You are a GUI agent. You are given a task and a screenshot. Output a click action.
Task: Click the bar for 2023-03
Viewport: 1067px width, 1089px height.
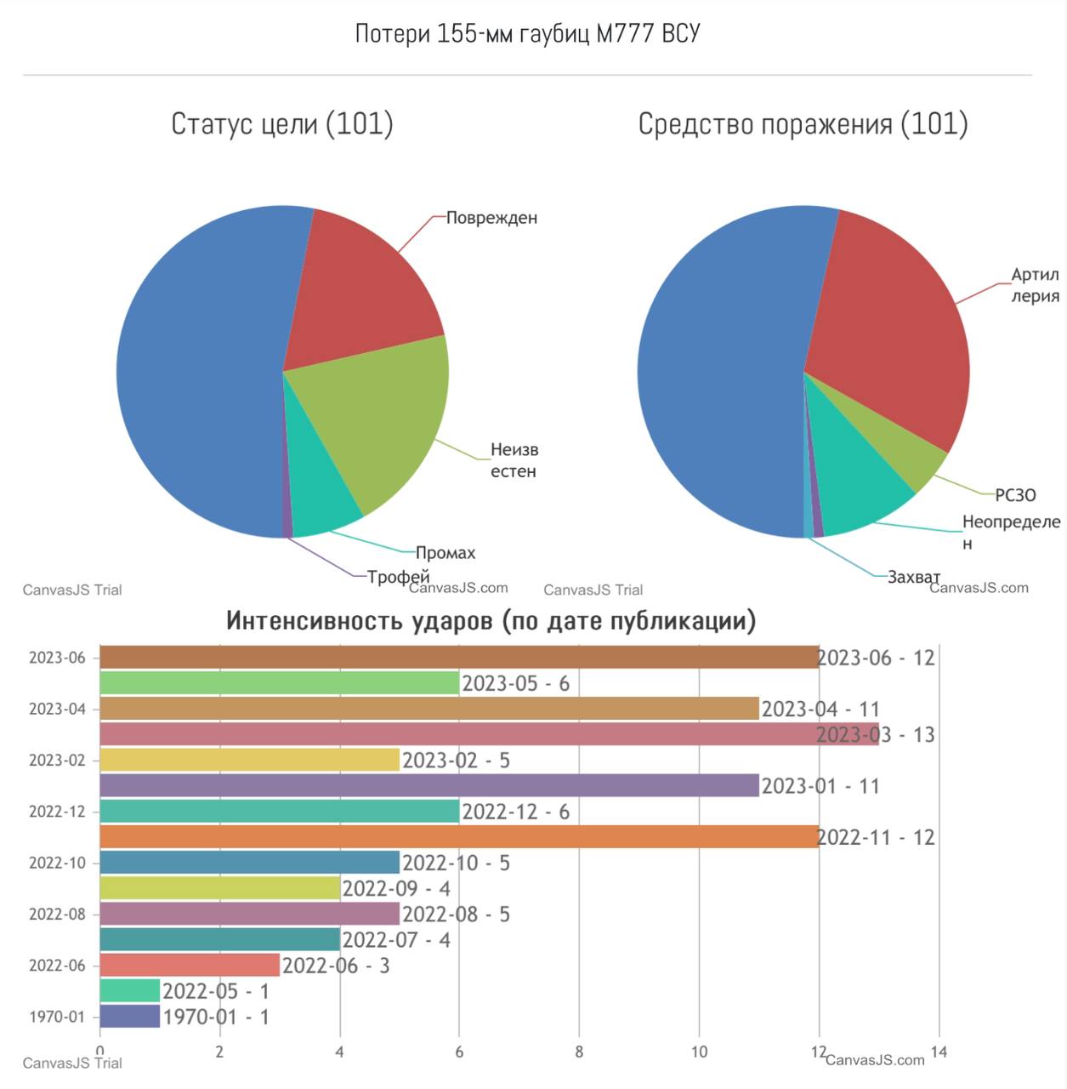[489, 734]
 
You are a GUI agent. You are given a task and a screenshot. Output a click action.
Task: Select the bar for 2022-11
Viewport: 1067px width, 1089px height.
[459, 837]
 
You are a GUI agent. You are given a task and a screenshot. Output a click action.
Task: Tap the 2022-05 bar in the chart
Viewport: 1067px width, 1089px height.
[129, 991]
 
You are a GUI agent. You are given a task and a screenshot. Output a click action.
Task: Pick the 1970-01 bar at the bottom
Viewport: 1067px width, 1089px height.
[129, 1017]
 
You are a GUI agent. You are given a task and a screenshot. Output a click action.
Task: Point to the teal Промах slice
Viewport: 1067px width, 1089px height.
[319, 502]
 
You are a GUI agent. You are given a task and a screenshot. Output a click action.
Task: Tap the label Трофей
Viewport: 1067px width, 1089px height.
[398, 577]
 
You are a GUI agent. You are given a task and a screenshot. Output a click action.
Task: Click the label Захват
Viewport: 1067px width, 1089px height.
[914, 577]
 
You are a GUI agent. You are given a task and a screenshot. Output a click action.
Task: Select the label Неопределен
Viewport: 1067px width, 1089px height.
[1010, 532]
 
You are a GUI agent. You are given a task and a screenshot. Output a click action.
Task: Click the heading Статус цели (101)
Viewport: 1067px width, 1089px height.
[282, 124]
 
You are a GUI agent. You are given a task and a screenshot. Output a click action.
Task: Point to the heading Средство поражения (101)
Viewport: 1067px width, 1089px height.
[803, 124]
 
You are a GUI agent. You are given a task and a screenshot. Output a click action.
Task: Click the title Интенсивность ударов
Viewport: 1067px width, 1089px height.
[491, 620]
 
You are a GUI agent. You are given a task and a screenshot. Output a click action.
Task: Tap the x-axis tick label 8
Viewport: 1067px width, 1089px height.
[579, 1052]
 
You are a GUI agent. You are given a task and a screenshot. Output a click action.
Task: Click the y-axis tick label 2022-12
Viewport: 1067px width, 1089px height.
[57, 812]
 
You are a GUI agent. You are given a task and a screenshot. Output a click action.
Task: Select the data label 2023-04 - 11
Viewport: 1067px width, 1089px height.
[820, 710]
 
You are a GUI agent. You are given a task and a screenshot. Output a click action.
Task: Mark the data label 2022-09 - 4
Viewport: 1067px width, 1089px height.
[396, 889]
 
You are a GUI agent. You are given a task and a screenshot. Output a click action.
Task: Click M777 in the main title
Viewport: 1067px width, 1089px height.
[625, 34]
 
